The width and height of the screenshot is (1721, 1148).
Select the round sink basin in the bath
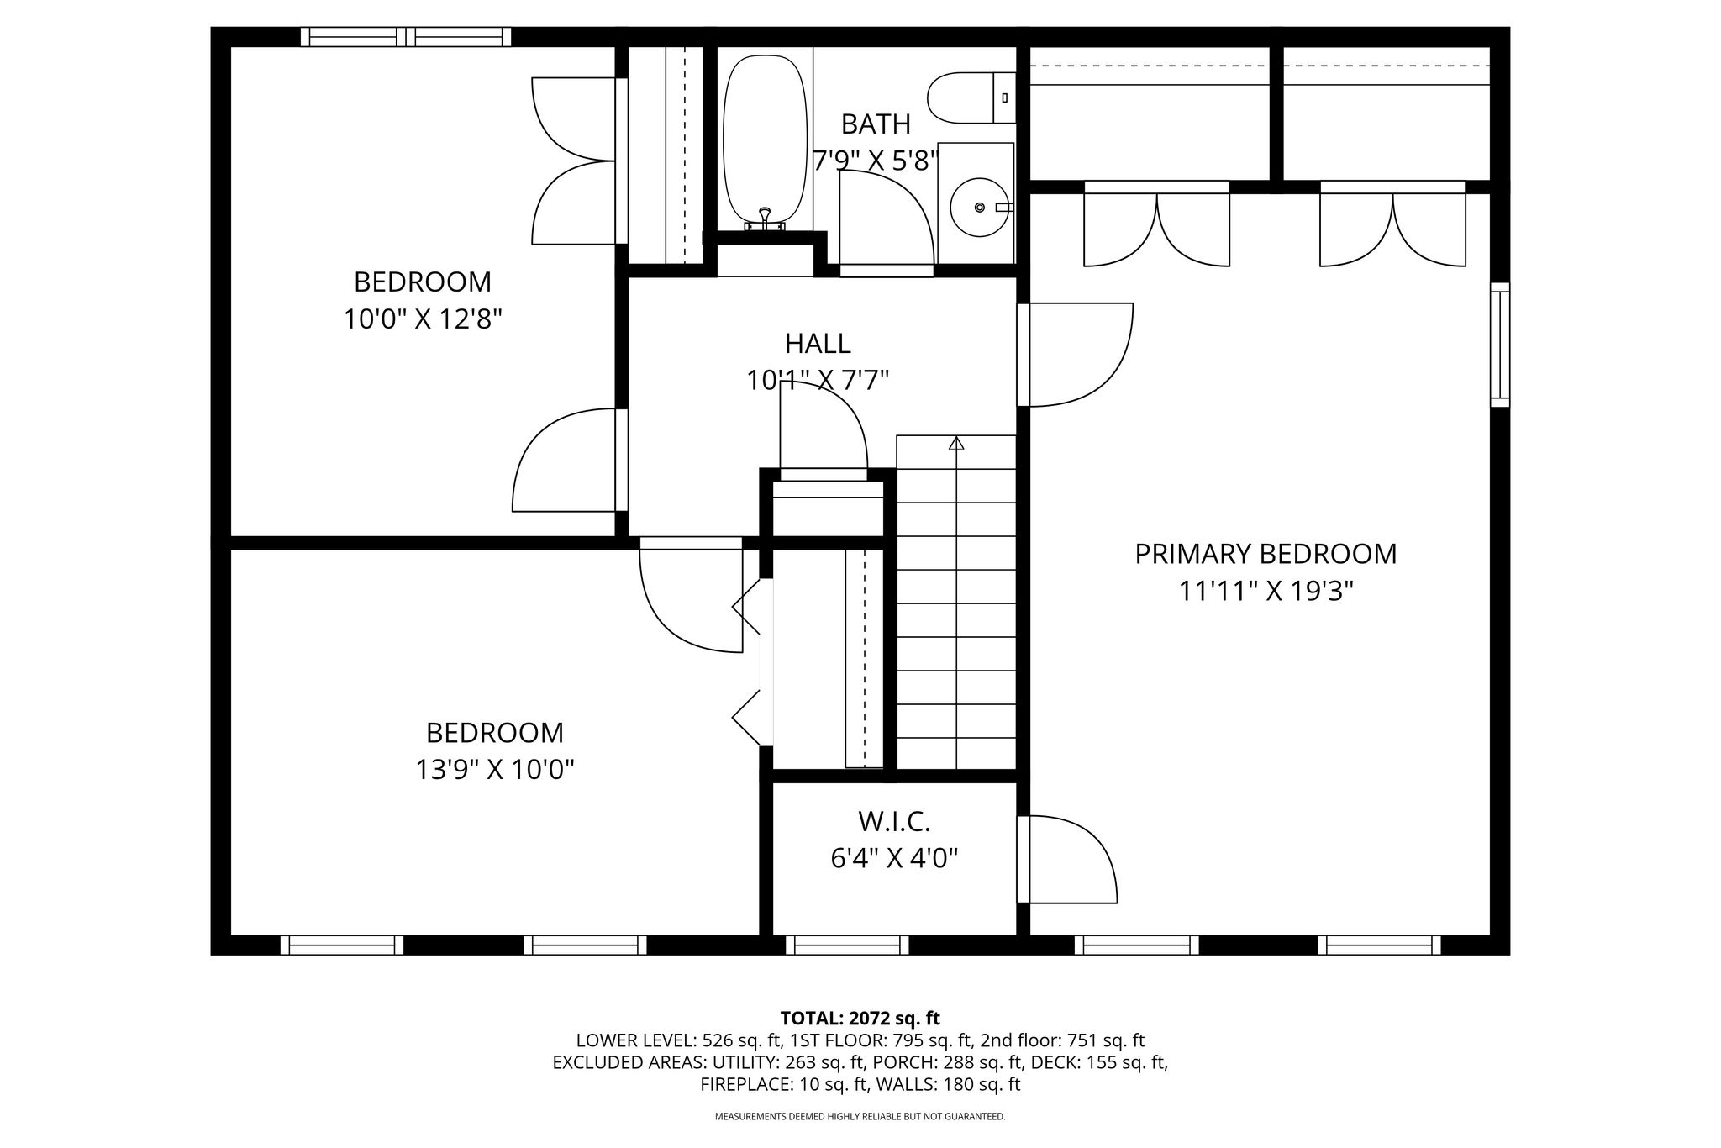click(979, 207)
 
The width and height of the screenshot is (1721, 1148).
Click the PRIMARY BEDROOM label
click(1266, 554)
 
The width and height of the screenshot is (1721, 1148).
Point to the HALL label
click(818, 343)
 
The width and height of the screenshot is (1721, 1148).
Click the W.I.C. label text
click(894, 820)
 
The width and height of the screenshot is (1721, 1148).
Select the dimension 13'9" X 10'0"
click(495, 770)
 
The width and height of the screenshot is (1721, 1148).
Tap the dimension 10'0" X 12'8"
click(423, 319)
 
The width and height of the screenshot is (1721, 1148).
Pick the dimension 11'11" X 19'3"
click(1266, 592)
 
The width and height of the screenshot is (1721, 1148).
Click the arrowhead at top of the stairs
click(956, 442)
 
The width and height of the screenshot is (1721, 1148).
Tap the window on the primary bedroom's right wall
click(1500, 345)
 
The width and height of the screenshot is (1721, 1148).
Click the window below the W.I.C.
click(847, 945)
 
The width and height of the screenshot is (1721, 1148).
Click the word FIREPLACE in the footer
click(745, 1084)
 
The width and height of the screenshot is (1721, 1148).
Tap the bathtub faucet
click(765, 218)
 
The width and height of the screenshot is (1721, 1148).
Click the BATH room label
click(876, 124)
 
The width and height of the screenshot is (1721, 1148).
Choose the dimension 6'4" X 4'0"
click(894, 858)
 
